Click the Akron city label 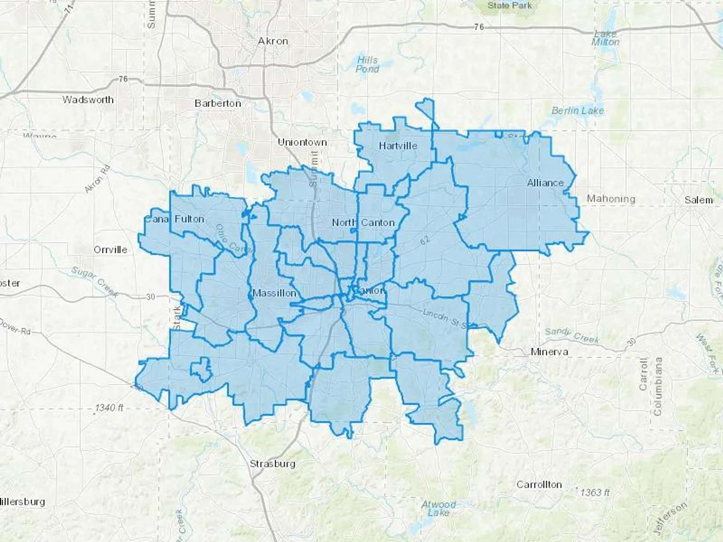pos(273,41)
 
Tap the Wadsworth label pos(88,100)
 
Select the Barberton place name pos(218,103)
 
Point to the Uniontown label pos(302,142)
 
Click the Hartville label pos(398,146)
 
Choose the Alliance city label pos(545,183)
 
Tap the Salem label pos(698,200)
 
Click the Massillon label pos(274,293)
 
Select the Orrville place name pos(110,250)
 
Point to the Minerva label pos(549,352)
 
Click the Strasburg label pos(272,464)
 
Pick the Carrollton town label pos(539,485)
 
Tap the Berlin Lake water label pos(577,110)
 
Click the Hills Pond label pos(367,65)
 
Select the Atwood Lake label pos(438,508)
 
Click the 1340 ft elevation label pos(109,408)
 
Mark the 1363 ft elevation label pos(594,492)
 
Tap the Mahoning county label pos(611,199)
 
